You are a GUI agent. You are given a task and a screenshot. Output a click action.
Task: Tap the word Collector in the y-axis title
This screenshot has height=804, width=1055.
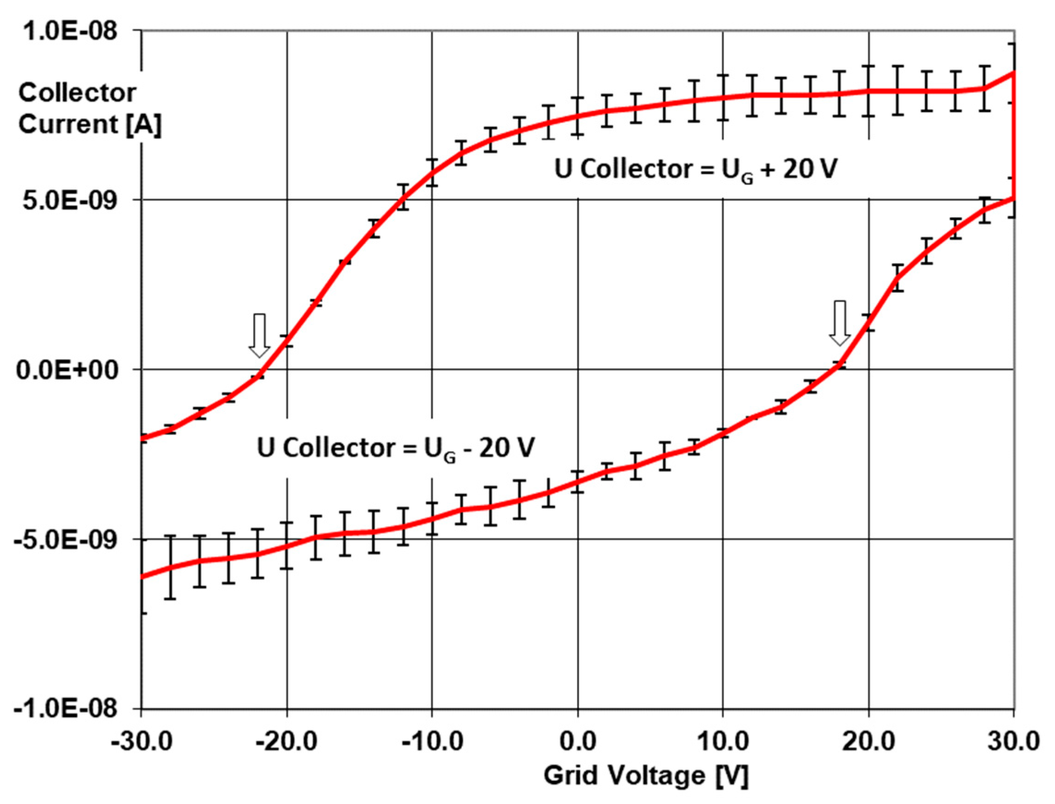pos(77,92)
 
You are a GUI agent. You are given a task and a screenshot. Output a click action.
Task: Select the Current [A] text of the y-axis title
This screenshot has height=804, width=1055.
pos(89,124)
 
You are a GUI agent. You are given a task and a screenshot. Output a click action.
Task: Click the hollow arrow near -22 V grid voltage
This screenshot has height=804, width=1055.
pos(259,336)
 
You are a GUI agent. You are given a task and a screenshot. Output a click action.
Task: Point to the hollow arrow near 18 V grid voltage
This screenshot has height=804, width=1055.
pos(840,323)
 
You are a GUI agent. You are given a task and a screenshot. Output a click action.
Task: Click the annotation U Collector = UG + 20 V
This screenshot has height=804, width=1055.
pos(695,170)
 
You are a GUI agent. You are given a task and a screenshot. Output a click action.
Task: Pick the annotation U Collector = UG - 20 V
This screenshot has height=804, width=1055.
pos(395,449)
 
